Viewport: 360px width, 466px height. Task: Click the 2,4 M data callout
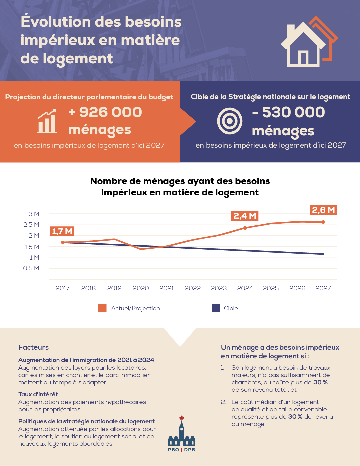click(245, 216)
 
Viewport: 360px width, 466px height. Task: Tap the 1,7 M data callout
click(62, 231)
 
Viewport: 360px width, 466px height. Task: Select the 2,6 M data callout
click(323, 210)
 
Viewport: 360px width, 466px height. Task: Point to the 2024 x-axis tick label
click(245, 288)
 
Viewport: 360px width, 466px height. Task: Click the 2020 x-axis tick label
click(141, 288)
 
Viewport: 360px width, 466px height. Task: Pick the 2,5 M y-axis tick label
click(31, 224)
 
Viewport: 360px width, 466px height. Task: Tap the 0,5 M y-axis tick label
click(31, 268)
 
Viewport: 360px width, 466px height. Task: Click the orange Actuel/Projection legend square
click(102, 308)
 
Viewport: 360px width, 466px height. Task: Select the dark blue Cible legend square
click(216, 308)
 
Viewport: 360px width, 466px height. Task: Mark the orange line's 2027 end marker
click(323, 222)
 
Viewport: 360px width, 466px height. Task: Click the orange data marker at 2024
click(245, 228)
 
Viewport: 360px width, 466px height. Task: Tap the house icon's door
click(303, 58)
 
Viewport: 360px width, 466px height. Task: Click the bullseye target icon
click(230, 121)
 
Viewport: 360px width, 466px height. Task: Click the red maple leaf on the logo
click(182, 418)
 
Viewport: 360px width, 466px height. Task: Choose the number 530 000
click(293, 112)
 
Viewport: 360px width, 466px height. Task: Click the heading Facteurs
click(34, 347)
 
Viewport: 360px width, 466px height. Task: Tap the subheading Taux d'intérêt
click(38, 394)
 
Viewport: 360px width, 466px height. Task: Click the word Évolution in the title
click(56, 22)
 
